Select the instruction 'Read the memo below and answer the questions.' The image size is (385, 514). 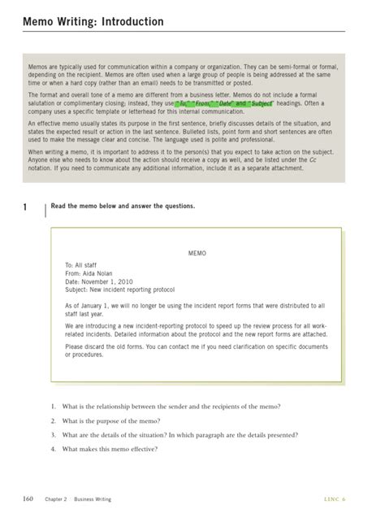coord(123,207)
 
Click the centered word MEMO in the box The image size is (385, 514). coord(197,254)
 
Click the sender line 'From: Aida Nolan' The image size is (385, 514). coord(92,274)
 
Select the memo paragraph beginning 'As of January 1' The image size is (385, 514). coord(195,310)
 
